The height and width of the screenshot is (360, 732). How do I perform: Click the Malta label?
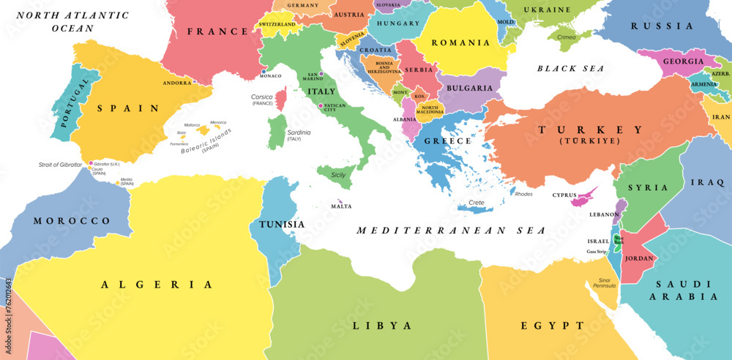coord(341,206)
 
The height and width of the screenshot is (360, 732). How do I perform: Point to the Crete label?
coord(477,203)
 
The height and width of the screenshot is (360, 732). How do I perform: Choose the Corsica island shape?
coord(281,98)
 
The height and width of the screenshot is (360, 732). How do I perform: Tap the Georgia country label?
coord(683,61)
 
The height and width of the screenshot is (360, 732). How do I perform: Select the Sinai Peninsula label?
coord(602,282)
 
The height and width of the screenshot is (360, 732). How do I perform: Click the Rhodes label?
coord(524,194)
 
